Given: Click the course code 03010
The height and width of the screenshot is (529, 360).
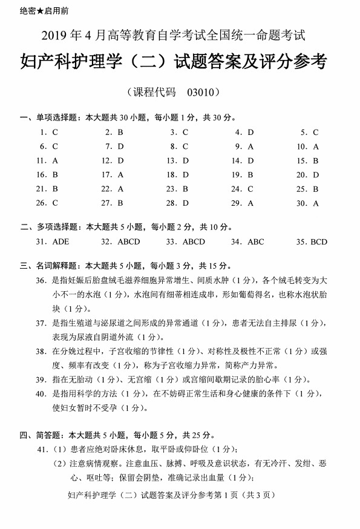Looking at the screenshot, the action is click(203, 93).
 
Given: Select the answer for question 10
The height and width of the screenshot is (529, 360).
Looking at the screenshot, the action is click(316, 146).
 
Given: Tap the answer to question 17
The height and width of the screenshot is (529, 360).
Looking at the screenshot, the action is click(120, 174).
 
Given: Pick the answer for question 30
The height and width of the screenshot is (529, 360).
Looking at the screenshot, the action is click(316, 203).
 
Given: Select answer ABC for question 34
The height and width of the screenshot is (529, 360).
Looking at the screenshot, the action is click(256, 241).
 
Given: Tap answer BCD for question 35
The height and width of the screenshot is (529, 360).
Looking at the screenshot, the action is click(319, 241).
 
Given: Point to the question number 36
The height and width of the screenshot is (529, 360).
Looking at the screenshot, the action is click(41, 280).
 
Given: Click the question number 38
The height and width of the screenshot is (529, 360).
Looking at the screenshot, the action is click(41, 351).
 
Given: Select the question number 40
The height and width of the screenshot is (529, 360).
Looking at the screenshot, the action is click(41, 393).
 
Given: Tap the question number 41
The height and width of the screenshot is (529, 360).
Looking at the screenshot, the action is click(42, 448).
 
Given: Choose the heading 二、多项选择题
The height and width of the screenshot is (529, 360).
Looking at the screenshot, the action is click(46, 227).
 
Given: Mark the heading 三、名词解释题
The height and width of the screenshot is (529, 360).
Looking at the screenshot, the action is click(46, 265).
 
